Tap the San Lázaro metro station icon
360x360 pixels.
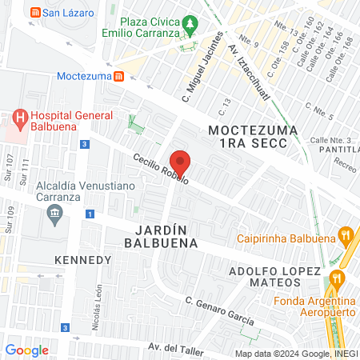pos(34,13)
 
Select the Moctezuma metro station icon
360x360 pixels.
pos(118,77)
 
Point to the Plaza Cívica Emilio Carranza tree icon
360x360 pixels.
pos(190,25)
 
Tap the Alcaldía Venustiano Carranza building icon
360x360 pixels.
pos(54,212)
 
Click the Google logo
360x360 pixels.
pos(27,350)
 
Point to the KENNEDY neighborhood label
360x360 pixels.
pos(82,261)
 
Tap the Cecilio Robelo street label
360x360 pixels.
pos(160,170)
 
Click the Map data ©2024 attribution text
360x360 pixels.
pos(294,353)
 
